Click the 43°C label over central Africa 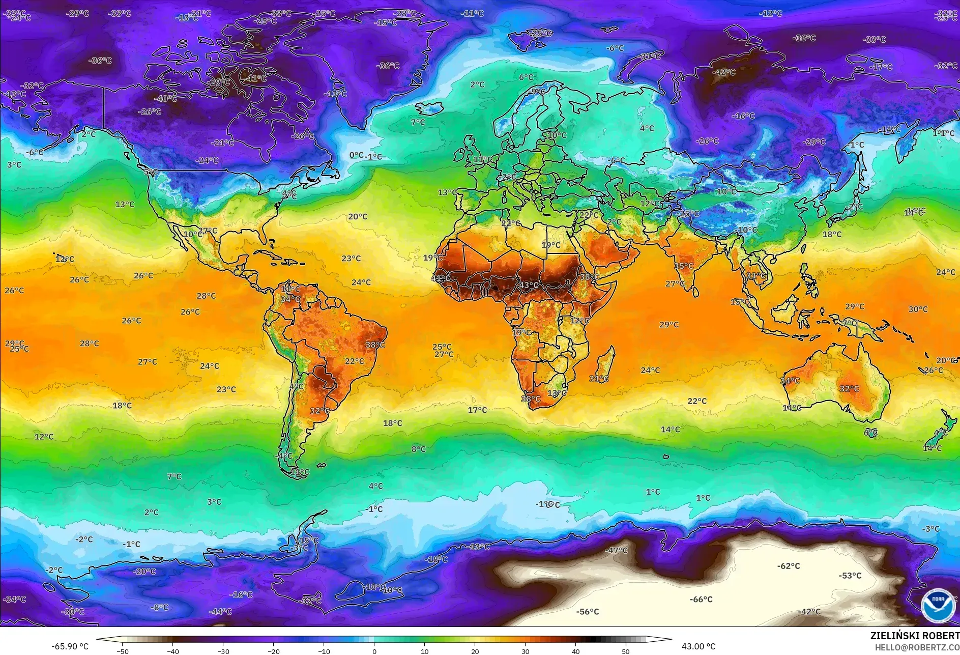pyautogui.click(x=529, y=285)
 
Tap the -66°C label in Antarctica pyautogui.click(x=701, y=600)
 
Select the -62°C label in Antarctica pyautogui.click(x=788, y=566)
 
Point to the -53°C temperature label pyautogui.click(x=850, y=576)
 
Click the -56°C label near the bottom pyautogui.click(x=587, y=612)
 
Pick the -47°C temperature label pyautogui.click(x=616, y=550)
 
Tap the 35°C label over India pyautogui.click(x=683, y=266)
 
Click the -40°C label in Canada pyautogui.click(x=165, y=99)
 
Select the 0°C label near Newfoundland pyautogui.click(x=356, y=155)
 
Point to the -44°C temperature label pyautogui.click(x=220, y=612)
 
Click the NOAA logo pyautogui.click(x=938, y=605)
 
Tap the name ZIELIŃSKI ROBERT pyautogui.click(x=914, y=636)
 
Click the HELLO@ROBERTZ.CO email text pyautogui.click(x=917, y=647)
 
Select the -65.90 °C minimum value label pyautogui.click(x=70, y=646)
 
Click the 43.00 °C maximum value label pyautogui.click(x=699, y=646)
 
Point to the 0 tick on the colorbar pyautogui.click(x=374, y=651)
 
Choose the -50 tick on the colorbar pyautogui.click(x=123, y=651)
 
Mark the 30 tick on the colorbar pyautogui.click(x=525, y=651)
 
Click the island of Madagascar pyautogui.click(x=604, y=364)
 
